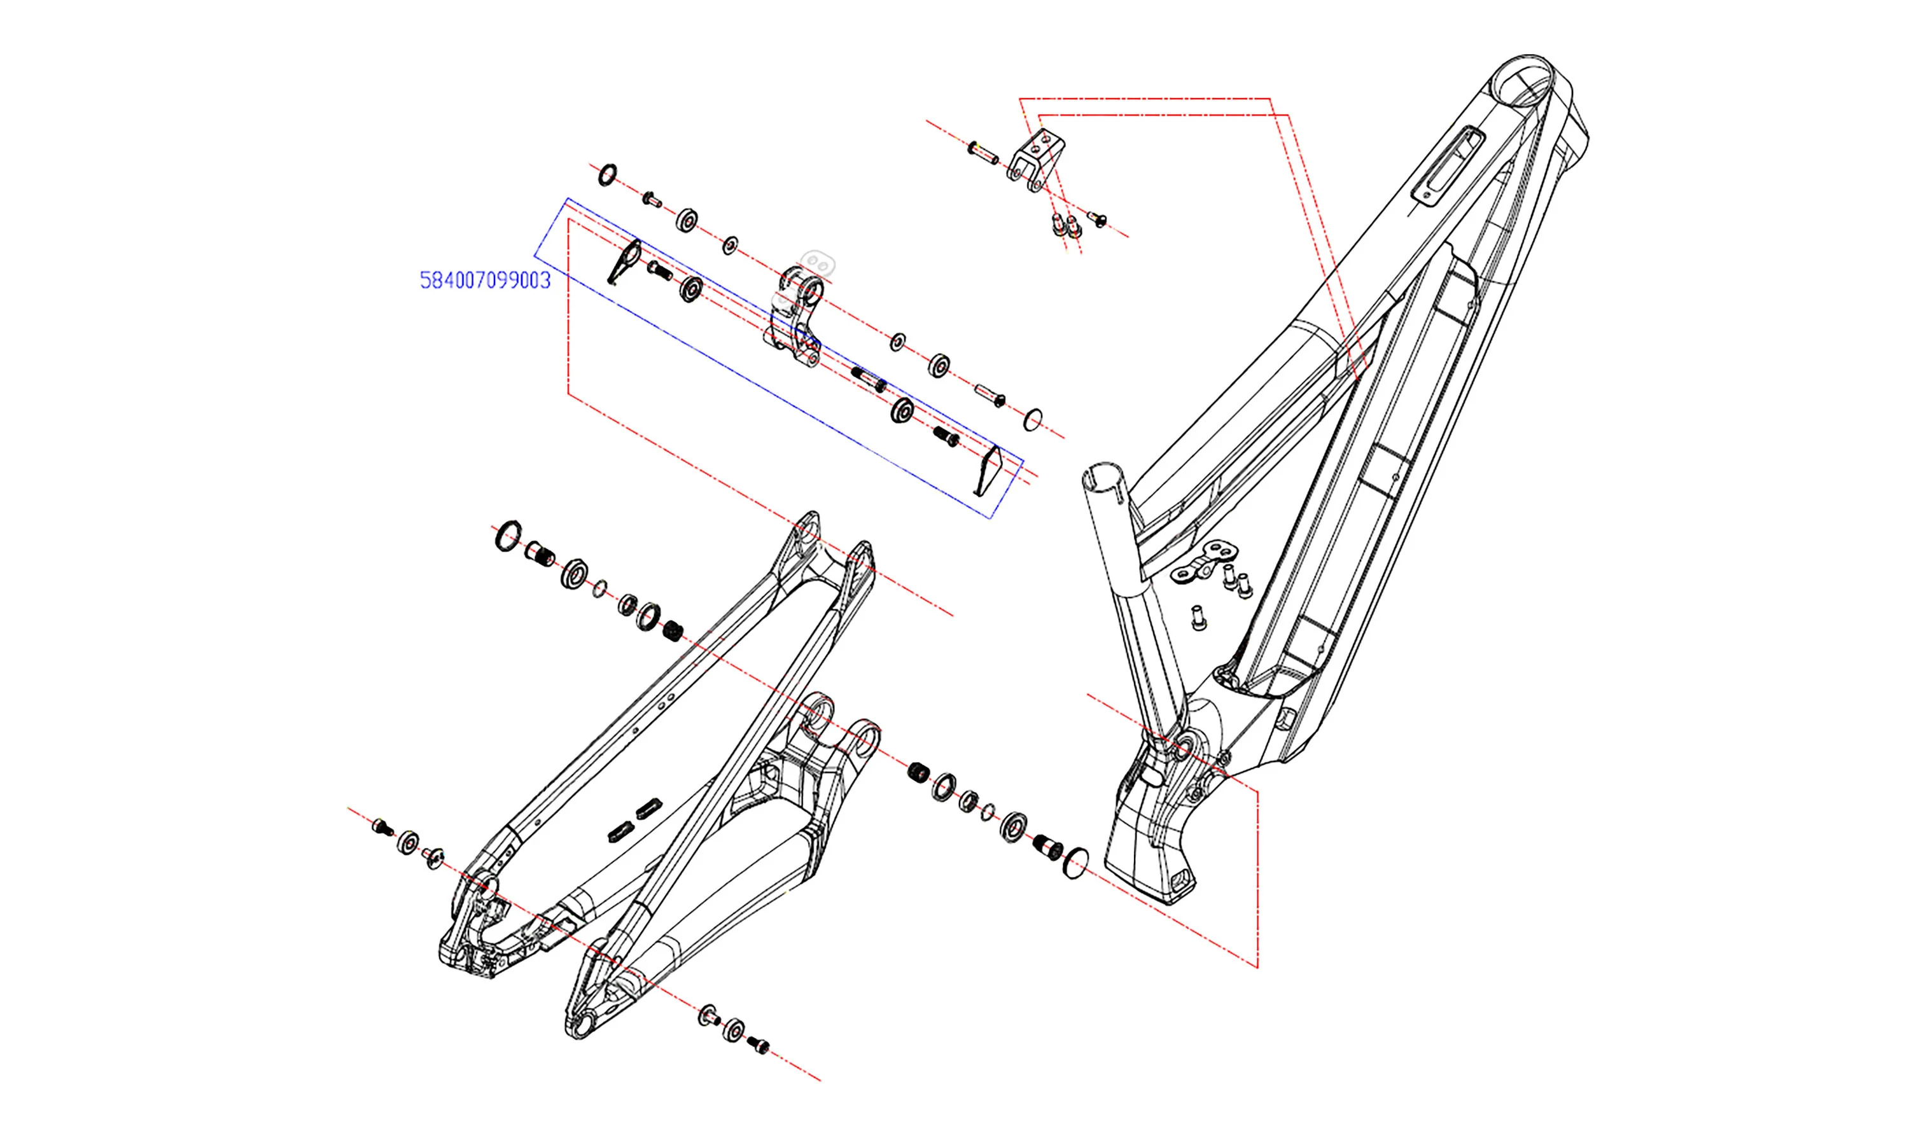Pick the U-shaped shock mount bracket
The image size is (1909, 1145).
pos(1032,162)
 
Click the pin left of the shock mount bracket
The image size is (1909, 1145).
pos(983,153)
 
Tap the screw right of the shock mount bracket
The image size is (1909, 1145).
pos(1097,218)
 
